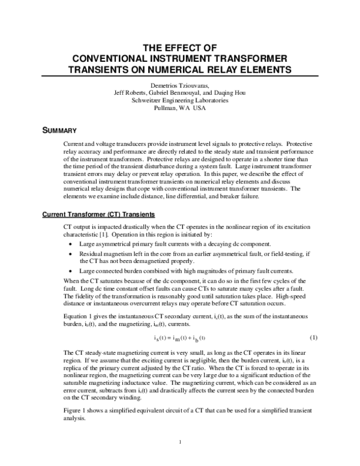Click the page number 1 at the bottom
180,444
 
